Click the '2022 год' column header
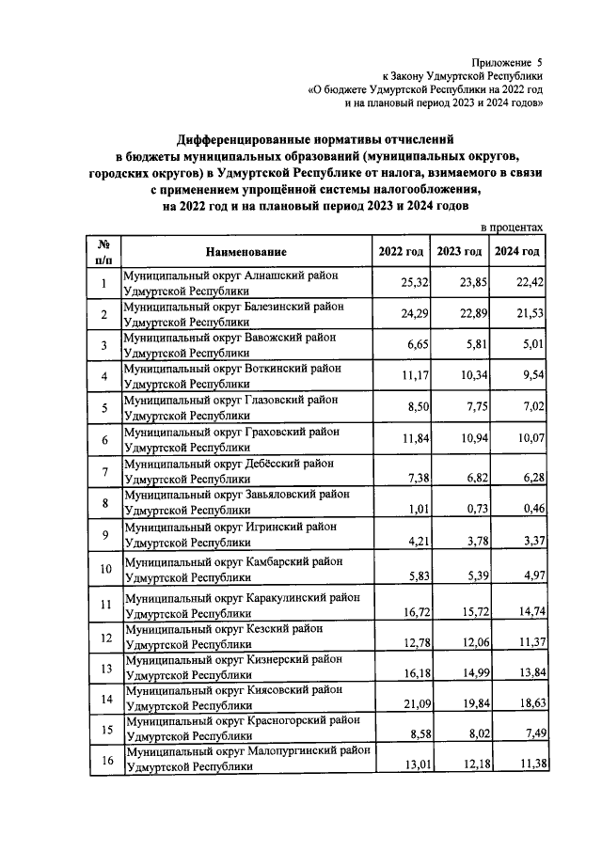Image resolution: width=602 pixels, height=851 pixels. coord(401,251)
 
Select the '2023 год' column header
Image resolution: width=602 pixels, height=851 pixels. coord(459,251)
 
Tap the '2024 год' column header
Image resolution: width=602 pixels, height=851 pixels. coord(517,251)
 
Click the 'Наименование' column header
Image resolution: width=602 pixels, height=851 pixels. coord(248,251)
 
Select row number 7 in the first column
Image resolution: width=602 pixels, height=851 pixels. coord(103,471)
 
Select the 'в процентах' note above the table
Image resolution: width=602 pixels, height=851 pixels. coord(512,228)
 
